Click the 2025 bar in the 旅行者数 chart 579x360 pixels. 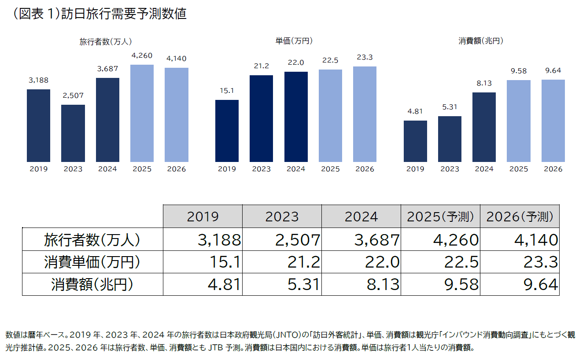coord(142,113)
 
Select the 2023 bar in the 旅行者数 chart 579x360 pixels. coord(73,133)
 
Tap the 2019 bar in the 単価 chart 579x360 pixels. coord(227,131)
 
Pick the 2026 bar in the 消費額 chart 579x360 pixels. coord(553,121)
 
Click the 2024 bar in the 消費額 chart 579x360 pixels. coord(484,127)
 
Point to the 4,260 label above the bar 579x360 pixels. coord(142,56)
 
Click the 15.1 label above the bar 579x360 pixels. coord(227,91)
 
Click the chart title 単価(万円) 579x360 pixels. coord(294,41)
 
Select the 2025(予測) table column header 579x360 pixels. coord(440,217)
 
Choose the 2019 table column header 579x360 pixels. coord(203,217)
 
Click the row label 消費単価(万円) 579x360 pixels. coord(92,262)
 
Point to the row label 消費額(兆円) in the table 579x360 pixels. coord(92,285)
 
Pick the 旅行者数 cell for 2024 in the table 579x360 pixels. coord(361,239)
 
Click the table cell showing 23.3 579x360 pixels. coord(520,262)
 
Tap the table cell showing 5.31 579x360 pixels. coord(282,285)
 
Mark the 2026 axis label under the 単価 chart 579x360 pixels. coord(365,169)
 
